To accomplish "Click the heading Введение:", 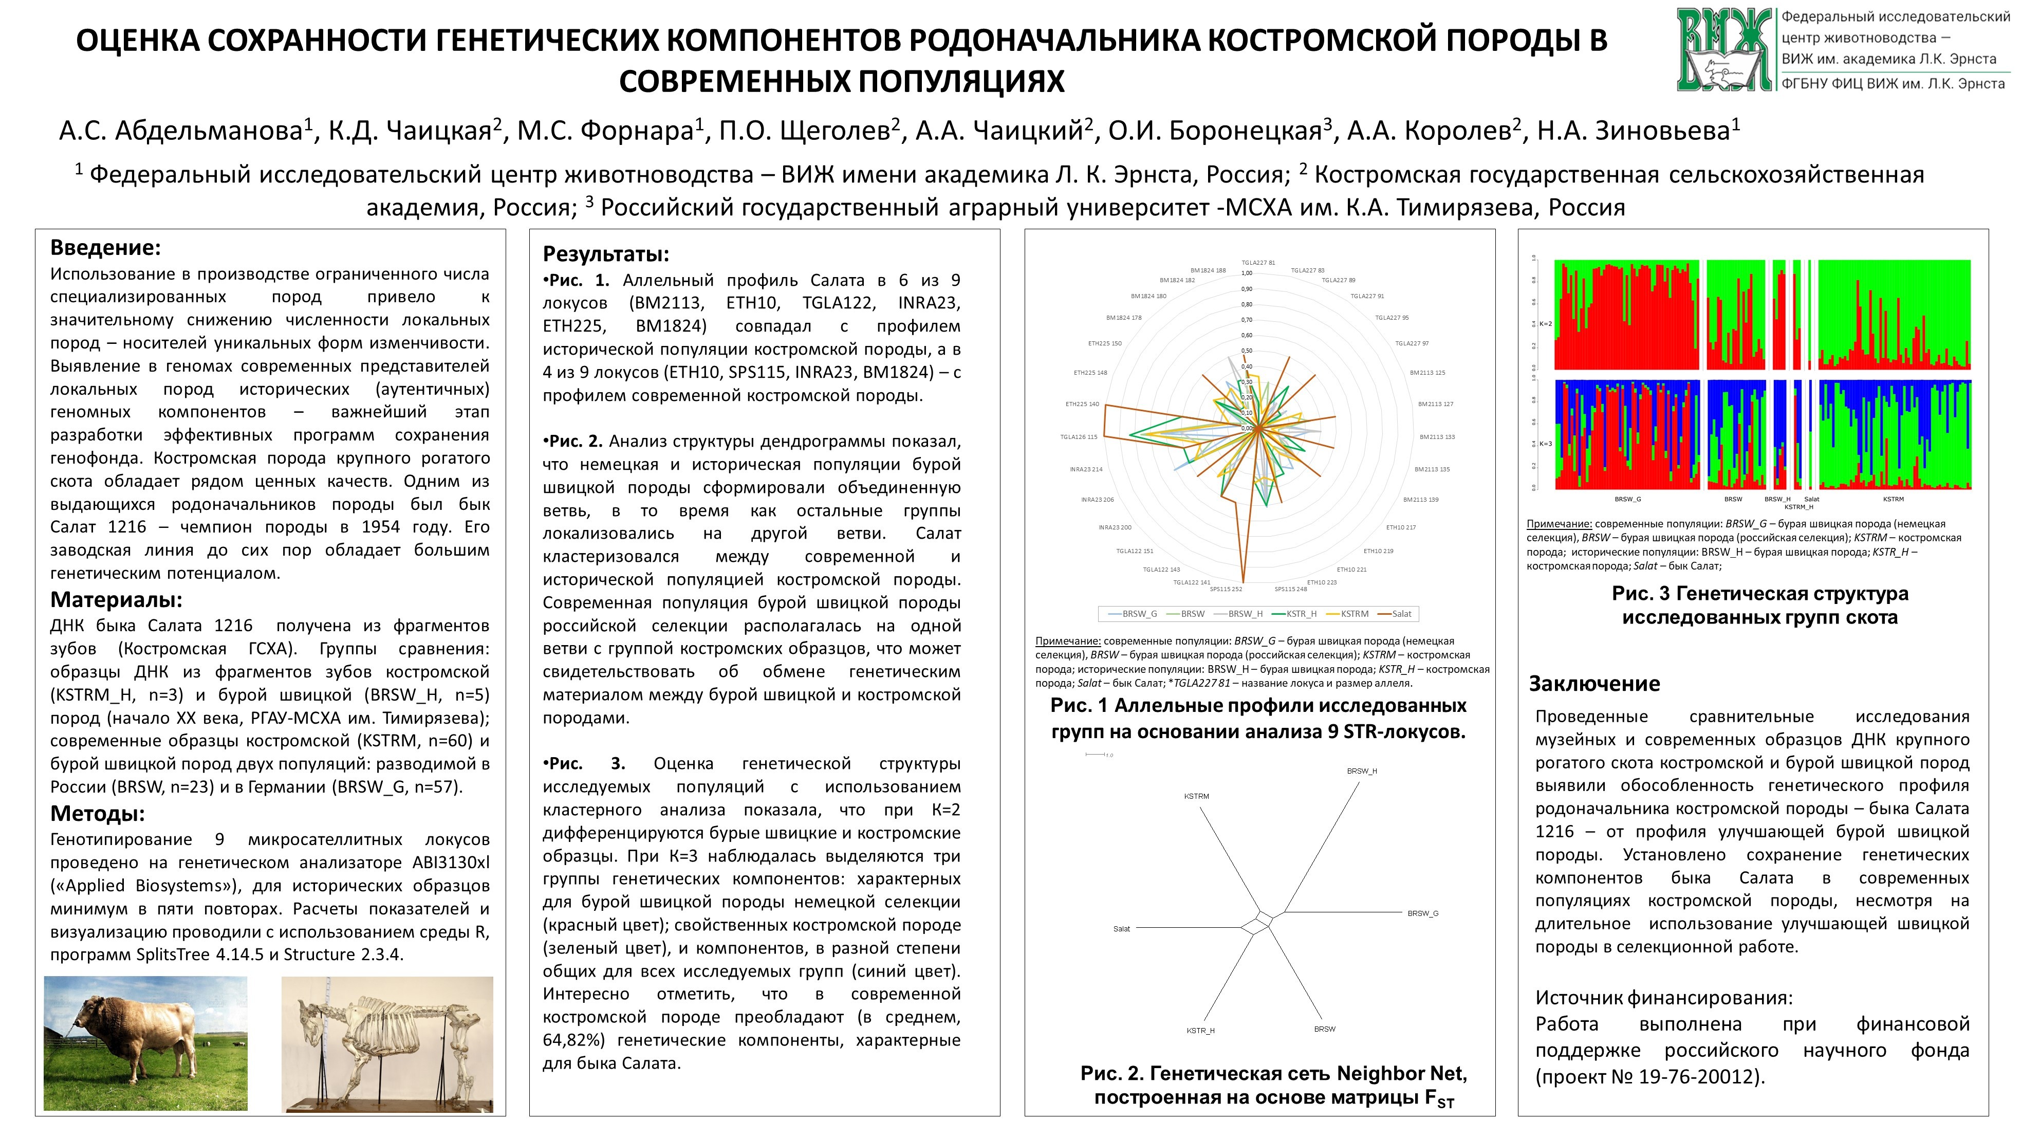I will [105, 248].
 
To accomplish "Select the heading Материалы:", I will [116, 600].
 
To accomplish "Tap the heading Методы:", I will [97, 813].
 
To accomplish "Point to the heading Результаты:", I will [606, 254].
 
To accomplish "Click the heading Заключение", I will [1594, 684].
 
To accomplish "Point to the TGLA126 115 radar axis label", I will [1079, 437].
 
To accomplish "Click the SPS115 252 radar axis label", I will [1226, 589].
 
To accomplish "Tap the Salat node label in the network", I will [1122, 929].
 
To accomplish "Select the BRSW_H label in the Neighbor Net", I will [1362, 772].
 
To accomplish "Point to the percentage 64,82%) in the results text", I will [576, 1040].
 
